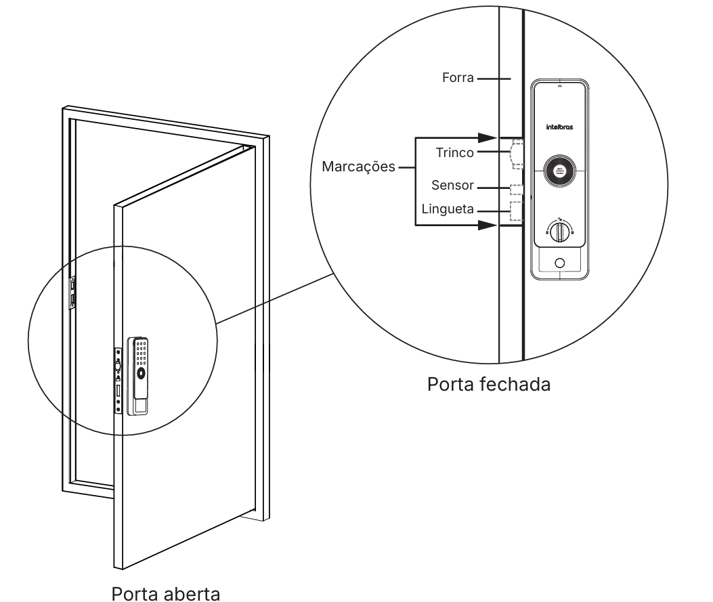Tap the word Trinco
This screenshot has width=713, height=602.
(x=455, y=153)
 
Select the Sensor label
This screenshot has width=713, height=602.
(x=454, y=186)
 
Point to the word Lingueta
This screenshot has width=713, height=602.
(x=448, y=209)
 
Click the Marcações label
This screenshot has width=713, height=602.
(x=358, y=167)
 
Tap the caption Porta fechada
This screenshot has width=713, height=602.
(x=489, y=385)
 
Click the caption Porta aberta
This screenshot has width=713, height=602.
(x=166, y=595)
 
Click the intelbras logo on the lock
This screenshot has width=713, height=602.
(x=560, y=127)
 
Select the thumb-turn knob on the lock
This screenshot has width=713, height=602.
(x=559, y=232)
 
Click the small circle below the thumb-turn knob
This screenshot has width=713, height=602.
(x=559, y=263)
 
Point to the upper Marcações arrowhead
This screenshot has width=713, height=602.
(x=489, y=137)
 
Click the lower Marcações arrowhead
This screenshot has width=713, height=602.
(x=489, y=225)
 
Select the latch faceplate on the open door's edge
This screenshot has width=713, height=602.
(x=118, y=379)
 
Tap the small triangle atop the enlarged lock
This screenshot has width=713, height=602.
(x=559, y=87)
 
